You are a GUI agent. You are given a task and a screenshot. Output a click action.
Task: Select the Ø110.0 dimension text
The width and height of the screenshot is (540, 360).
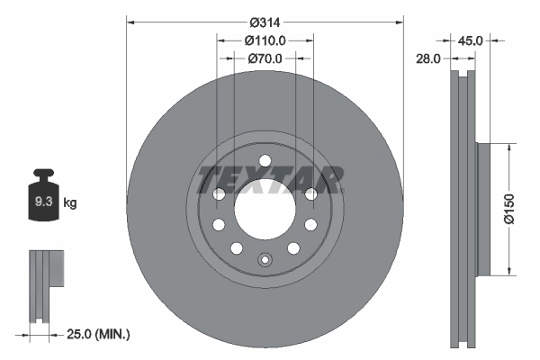(x=265, y=40)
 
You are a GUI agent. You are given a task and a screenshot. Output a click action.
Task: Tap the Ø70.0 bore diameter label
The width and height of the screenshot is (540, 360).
(x=265, y=58)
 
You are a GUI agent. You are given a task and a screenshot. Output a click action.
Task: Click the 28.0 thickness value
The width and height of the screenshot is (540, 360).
(x=427, y=58)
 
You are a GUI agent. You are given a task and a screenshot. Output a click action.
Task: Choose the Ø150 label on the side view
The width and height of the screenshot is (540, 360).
(x=510, y=208)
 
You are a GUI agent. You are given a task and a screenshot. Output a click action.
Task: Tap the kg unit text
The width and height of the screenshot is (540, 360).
(x=70, y=203)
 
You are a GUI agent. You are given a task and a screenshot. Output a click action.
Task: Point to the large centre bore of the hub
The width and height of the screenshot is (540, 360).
(x=265, y=208)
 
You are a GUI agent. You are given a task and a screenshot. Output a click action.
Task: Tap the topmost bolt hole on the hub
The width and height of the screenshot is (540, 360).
(x=265, y=161)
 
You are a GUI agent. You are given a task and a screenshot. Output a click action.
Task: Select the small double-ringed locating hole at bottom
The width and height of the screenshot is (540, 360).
(x=265, y=262)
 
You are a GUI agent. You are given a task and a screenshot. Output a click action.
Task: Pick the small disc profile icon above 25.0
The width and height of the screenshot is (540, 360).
(x=47, y=283)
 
